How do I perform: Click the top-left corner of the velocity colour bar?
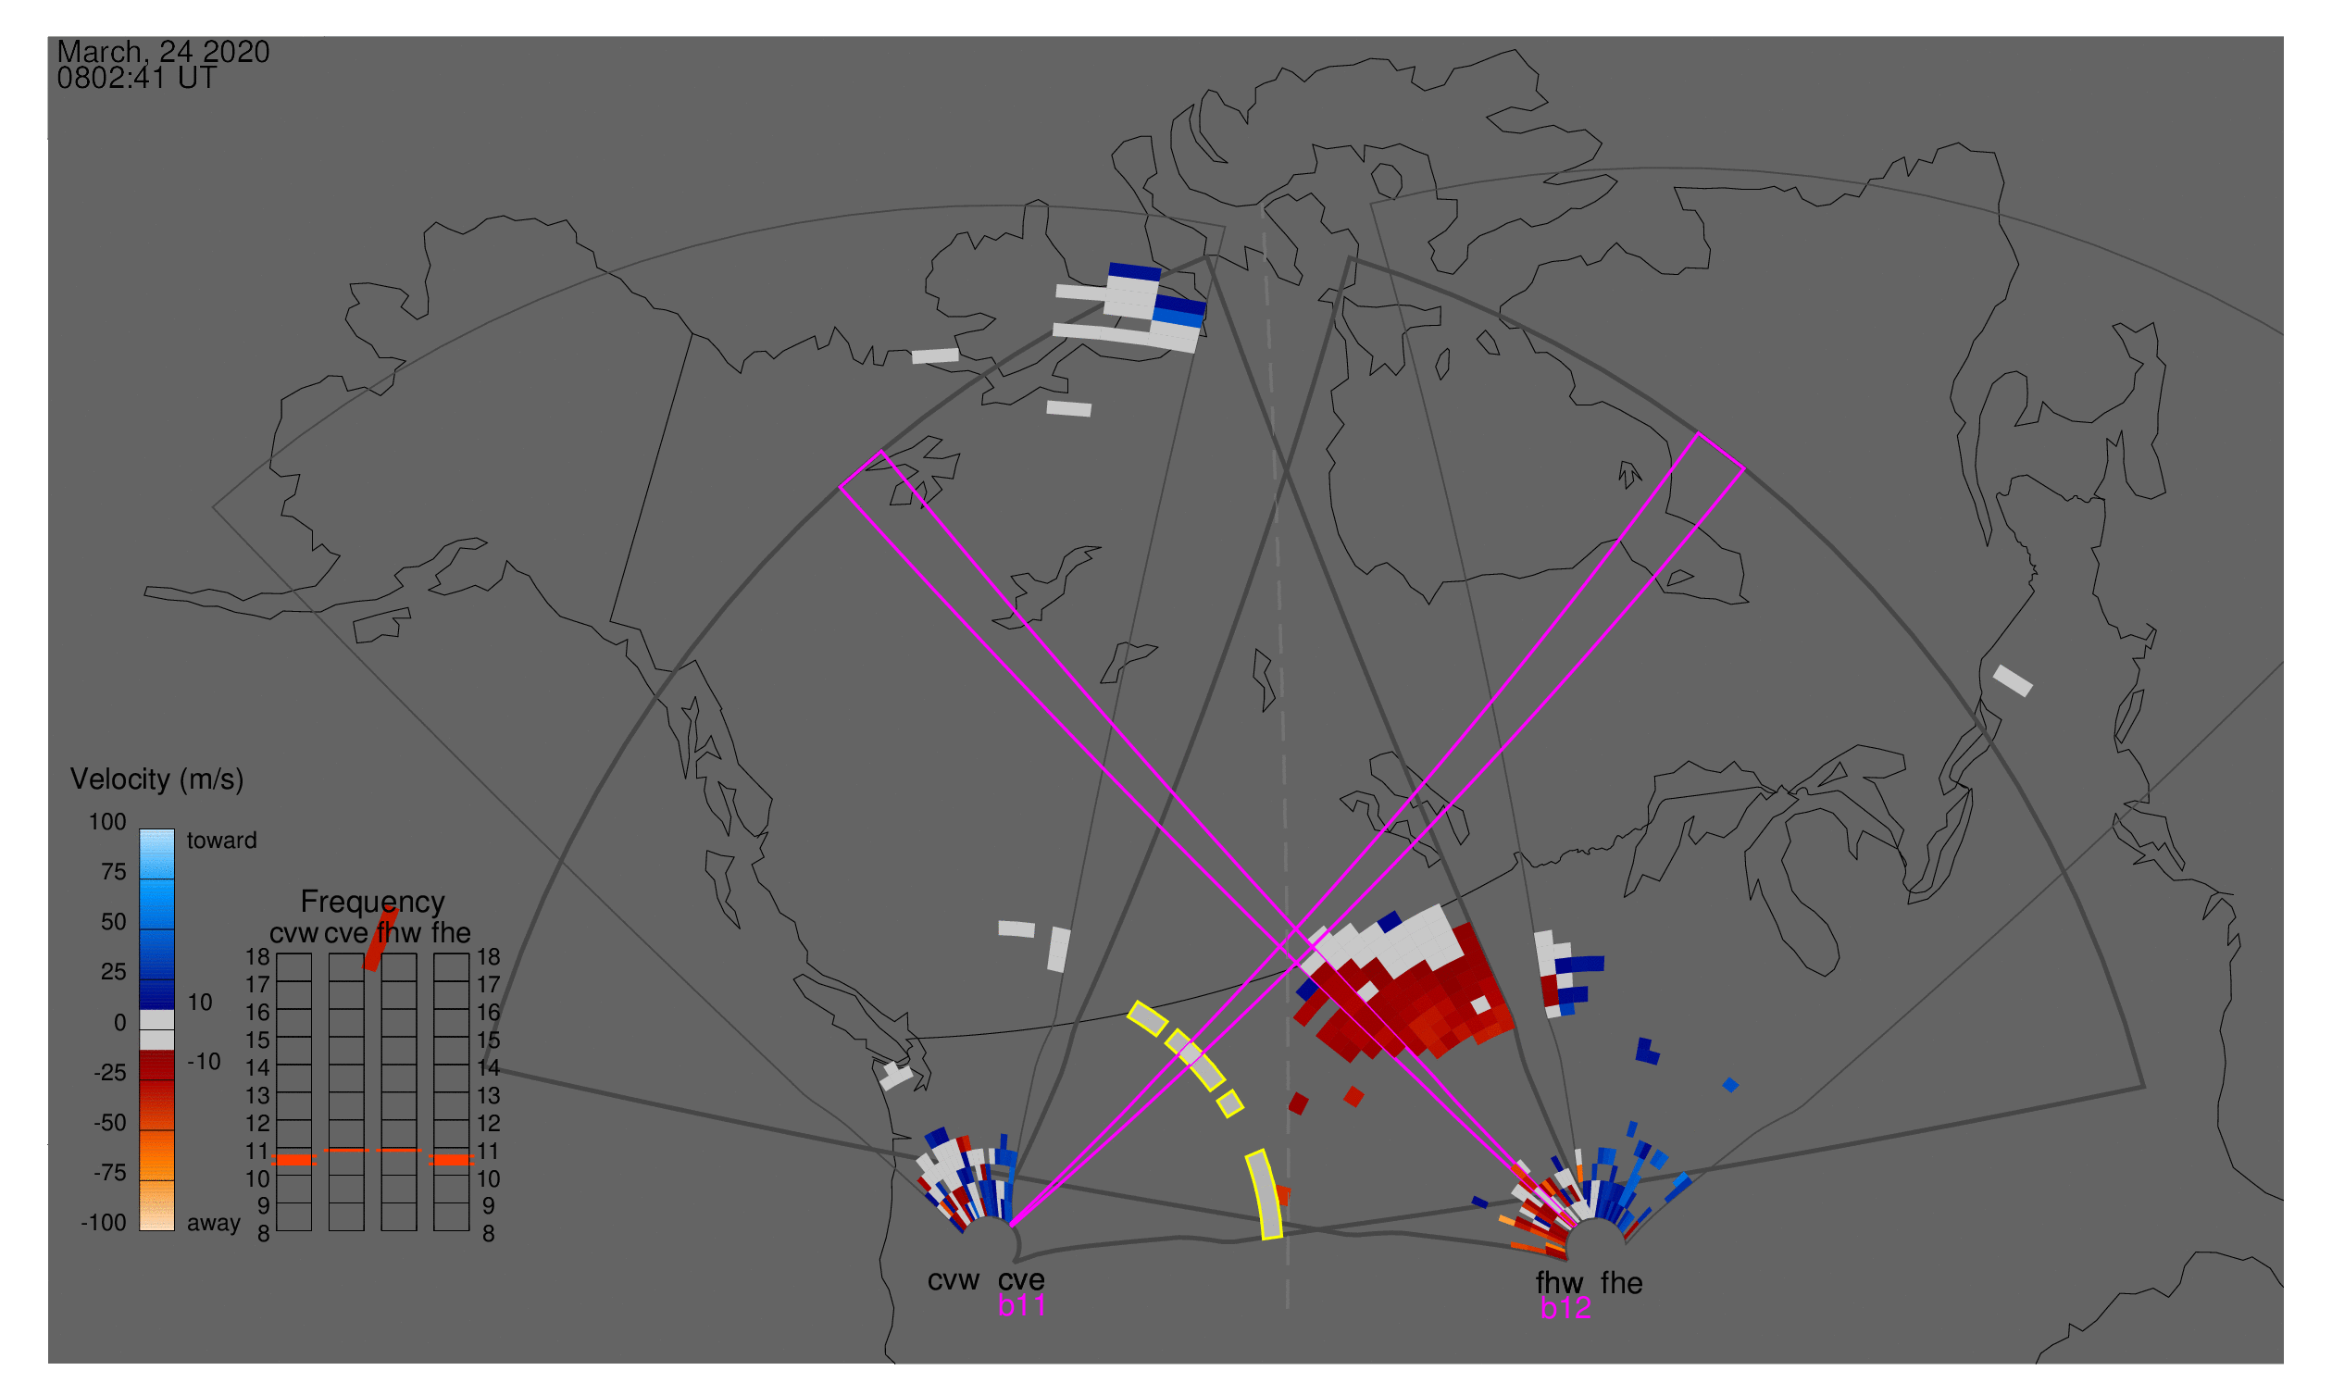[140, 829]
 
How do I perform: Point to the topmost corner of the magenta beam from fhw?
[881, 452]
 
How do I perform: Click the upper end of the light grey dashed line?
[1263, 206]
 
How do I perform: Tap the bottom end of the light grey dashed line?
[1287, 1308]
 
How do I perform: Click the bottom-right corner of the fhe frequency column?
[468, 1231]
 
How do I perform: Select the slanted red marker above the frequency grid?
[381, 939]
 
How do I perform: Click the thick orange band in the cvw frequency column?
[294, 1160]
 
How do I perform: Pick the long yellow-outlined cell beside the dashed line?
[1264, 1195]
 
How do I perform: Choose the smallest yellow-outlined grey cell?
[1230, 1103]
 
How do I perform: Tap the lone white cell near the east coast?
[2014, 680]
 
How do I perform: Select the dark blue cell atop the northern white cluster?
[1134, 272]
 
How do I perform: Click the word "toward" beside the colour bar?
[222, 841]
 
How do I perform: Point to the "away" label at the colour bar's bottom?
[214, 1223]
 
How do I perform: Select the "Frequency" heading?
[373, 903]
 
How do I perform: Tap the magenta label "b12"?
[1565, 1309]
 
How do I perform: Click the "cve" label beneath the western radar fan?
[1021, 1280]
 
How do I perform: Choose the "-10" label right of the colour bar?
[204, 1062]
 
